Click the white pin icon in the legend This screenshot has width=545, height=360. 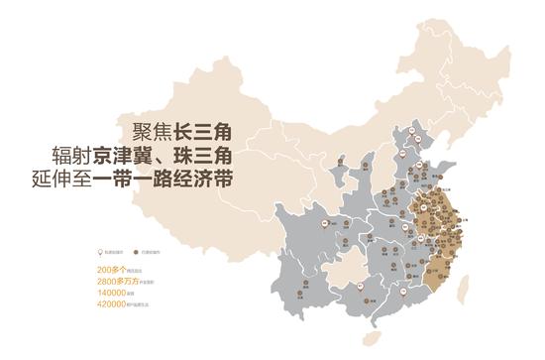(100, 253)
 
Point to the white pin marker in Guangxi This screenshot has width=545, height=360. (363, 289)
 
